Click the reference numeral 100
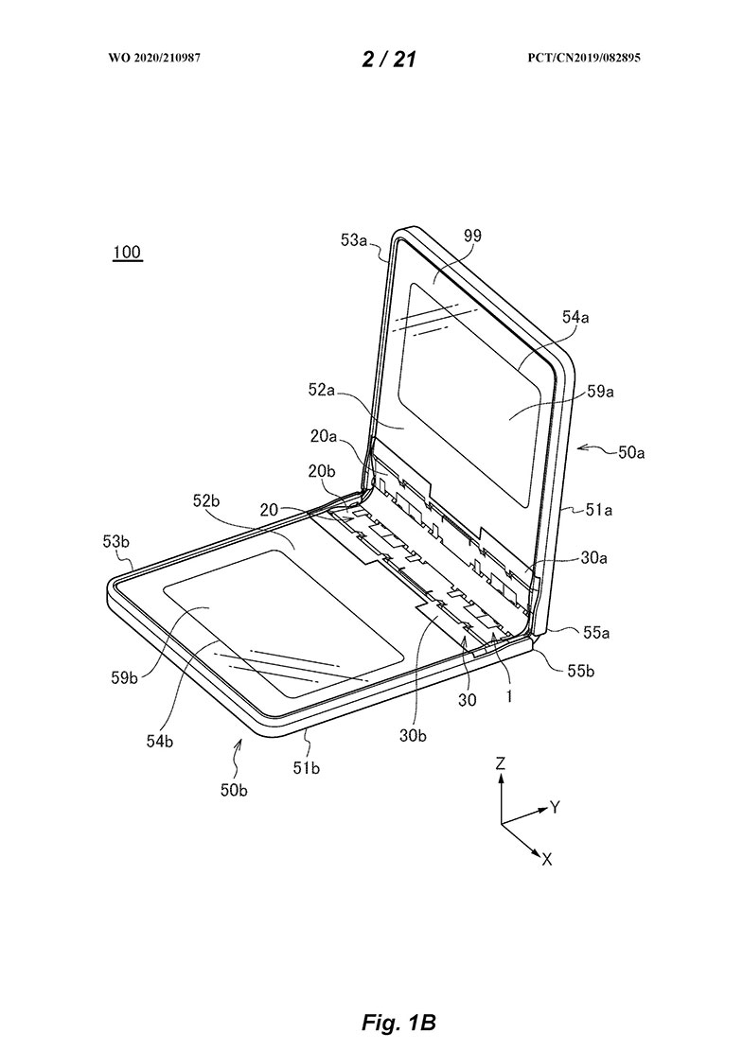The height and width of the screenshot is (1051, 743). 127,252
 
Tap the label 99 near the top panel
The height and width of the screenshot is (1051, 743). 472,236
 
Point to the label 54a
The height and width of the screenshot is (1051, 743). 575,317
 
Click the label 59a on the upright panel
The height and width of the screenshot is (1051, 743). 601,392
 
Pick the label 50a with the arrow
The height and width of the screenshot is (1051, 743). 631,453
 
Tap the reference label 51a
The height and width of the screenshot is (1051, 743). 599,510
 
